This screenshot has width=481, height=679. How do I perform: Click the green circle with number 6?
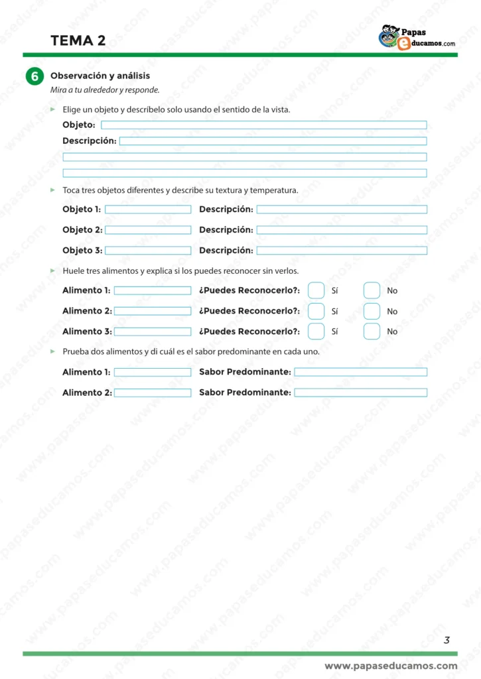click(x=34, y=77)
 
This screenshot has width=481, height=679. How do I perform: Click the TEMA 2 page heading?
click(x=78, y=40)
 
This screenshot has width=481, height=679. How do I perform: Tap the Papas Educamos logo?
click(x=417, y=37)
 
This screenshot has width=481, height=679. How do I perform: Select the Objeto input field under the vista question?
click(x=263, y=125)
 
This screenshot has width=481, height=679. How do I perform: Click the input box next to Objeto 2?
click(x=148, y=230)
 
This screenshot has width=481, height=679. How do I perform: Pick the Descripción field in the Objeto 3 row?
click(x=342, y=251)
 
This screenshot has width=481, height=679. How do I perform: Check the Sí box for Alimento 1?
click(x=316, y=290)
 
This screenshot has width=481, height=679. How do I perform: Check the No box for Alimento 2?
click(x=372, y=311)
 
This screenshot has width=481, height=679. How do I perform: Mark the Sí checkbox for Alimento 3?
click(x=316, y=332)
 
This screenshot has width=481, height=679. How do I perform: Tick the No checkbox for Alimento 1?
click(x=372, y=290)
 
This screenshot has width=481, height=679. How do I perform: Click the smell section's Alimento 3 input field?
click(x=153, y=332)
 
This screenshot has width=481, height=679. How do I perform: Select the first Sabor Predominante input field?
click(x=360, y=372)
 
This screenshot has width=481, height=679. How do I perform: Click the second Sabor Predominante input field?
click(x=360, y=393)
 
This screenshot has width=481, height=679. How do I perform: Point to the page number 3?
click(x=447, y=640)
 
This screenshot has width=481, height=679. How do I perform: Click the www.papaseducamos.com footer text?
click(x=391, y=666)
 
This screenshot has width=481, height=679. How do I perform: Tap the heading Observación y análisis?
click(x=100, y=76)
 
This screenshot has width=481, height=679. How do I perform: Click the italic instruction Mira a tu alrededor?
click(x=105, y=90)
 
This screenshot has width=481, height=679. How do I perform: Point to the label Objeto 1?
click(x=82, y=210)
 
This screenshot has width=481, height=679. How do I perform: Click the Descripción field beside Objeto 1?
click(x=342, y=210)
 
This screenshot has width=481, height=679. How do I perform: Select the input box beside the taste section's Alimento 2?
click(x=153, y=393)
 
